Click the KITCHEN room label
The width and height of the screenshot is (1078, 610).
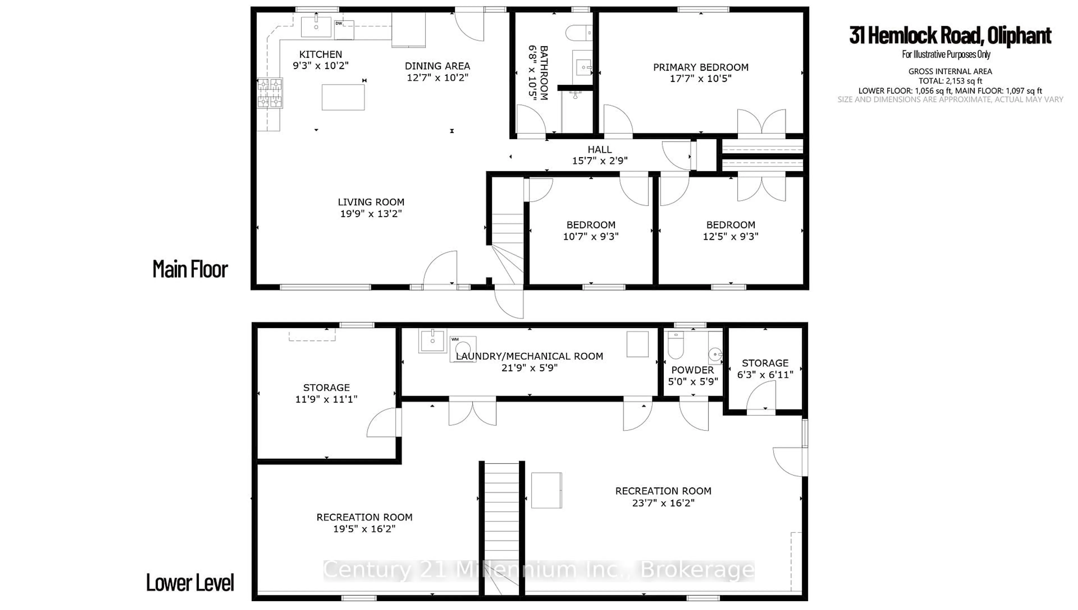(x=321, y=54)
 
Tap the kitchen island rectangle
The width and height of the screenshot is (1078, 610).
(x=343, y=97)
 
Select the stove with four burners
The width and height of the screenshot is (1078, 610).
(x=270, y=93)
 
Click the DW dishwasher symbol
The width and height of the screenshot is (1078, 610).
(x=344, y=30)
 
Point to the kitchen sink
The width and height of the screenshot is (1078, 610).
(x=316, y=27)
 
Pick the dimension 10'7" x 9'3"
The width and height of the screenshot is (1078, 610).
(x=591, y=237)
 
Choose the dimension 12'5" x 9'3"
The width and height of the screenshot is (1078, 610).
(x=730, y=237)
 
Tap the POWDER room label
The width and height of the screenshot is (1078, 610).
(x=693, y=370)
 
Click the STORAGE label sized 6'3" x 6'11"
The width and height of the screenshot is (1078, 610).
(x=765, y=363)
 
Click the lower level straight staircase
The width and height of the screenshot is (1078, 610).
(x=502, y=524)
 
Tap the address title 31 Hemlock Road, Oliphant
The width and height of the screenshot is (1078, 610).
(x=950, y=36)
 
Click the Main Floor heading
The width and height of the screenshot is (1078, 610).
(x=190, y=269)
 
